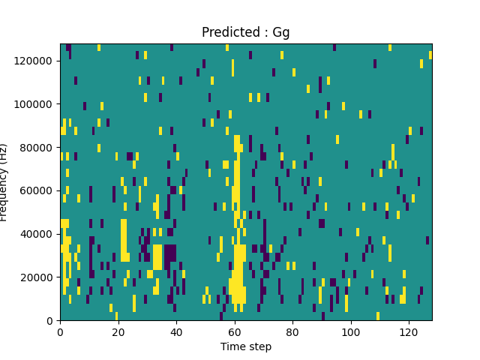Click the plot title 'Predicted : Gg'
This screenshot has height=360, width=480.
click(x=246, y=32)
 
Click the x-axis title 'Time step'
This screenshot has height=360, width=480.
click(x=246, y=346)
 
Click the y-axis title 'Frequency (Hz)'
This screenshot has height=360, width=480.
click(x=5, y=182)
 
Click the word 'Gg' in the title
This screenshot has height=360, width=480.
click(x=281, y=32)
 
